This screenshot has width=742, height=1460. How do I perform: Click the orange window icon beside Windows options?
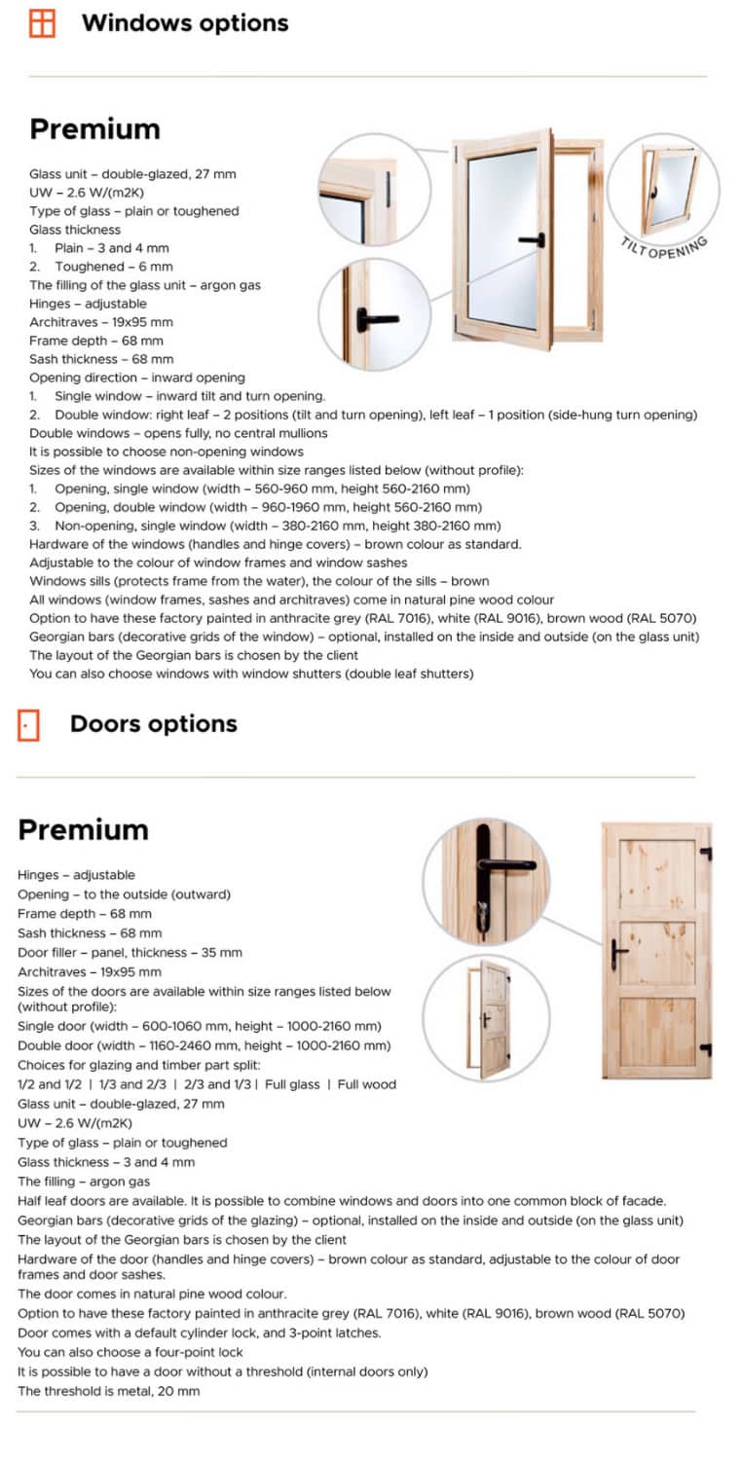pos(42,23)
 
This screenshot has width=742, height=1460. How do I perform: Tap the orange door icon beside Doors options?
pos(28,724)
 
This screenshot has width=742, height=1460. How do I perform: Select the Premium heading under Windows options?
pos(94,129)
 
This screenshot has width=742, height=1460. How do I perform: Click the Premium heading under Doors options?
pos(83,829)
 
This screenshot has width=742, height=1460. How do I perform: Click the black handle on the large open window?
pos(532,239)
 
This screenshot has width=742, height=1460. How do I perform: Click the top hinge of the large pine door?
pos(706,854)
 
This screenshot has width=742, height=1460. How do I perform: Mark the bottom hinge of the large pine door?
pos(706,1049)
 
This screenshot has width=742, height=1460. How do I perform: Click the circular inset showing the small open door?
pos(487,1018)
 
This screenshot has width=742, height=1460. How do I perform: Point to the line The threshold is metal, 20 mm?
pos(108,1391)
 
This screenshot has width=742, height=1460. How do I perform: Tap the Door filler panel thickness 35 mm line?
pos(130,952)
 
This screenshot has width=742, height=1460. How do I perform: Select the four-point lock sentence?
pos(130,1352)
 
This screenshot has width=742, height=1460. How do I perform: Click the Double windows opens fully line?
pos(178,432)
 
